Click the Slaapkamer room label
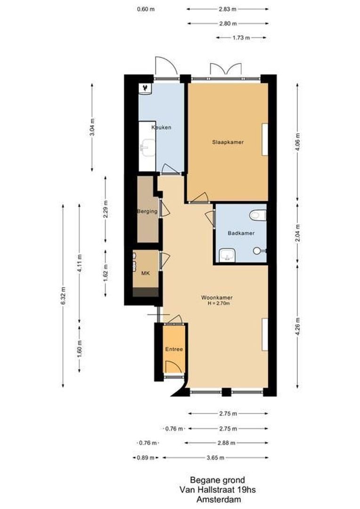[x=228, y=142]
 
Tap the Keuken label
[x=161, y=128]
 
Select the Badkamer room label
[x=241, y=233]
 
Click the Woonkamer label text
[x=217, y=297]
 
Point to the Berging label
[x=147, y=212]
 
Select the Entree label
[x=173, y=349]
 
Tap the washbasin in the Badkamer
[x=227, y=256]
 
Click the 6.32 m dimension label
[x=63, y=296]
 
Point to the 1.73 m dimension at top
[x=241, y=38]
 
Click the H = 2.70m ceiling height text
[x=217, y=304]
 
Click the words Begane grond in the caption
[x=211, y=480]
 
